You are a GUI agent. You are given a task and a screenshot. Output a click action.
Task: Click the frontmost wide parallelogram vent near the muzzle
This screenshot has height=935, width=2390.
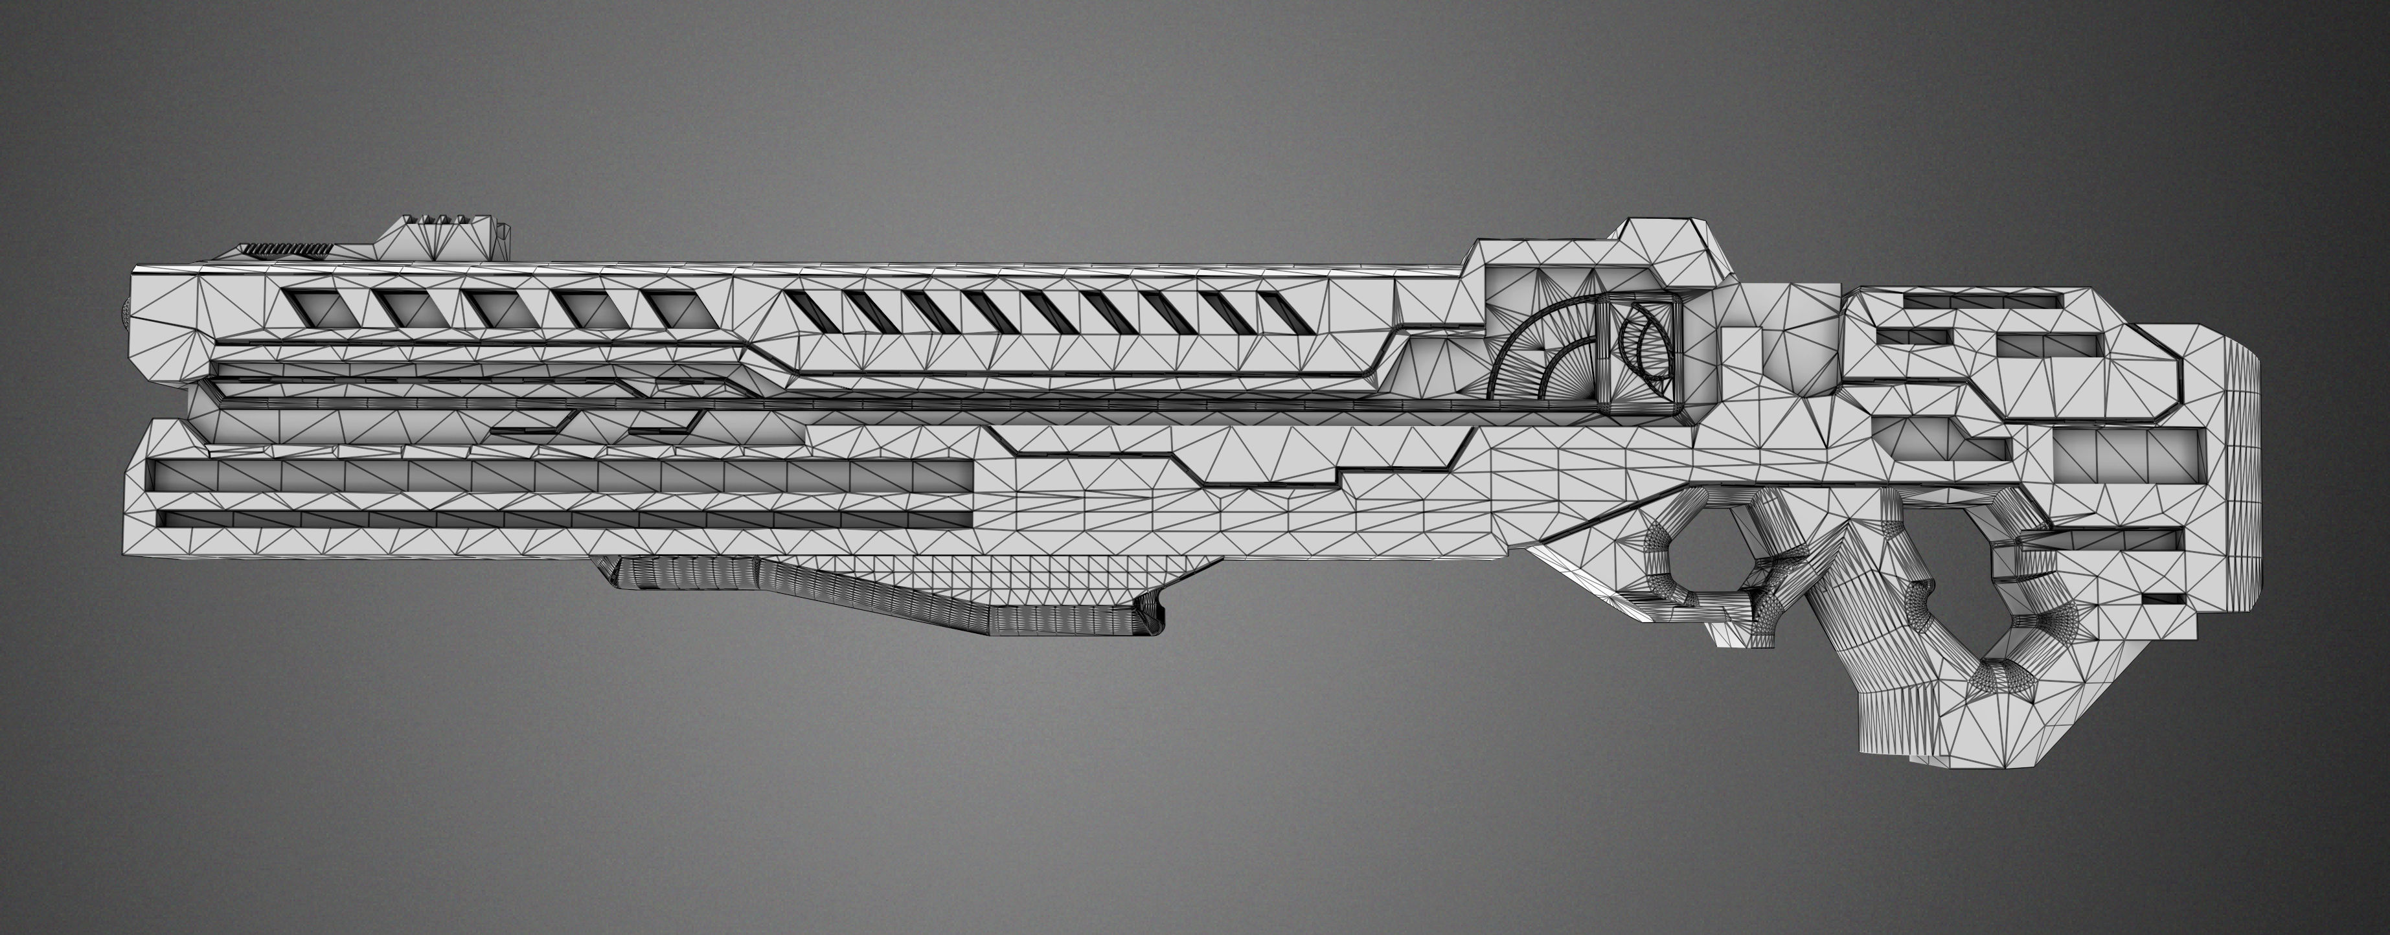pyautogui.click(x=320, y=306)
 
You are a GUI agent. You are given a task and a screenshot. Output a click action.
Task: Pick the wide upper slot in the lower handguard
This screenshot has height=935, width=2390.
pyautogui.click(x=556, y=475)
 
